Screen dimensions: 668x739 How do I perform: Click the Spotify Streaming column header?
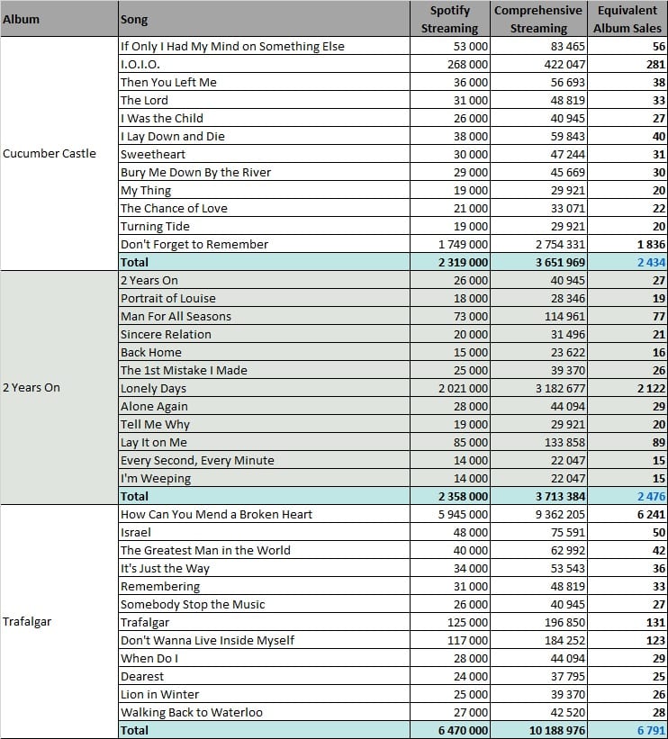pos(449,19)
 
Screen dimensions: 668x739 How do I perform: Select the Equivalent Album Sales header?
pos(627,19)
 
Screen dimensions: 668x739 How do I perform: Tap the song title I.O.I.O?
pos(140,64)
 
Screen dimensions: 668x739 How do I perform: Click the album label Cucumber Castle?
pos(49,154)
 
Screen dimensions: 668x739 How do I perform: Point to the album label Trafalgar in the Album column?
pos(27,622)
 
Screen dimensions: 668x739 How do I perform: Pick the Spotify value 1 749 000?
pos(463,244)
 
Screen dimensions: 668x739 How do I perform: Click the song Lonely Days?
pos(153,388)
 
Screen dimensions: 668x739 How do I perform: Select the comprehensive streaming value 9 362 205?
pos(560,514)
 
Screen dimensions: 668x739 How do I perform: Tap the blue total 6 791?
pos(651,731)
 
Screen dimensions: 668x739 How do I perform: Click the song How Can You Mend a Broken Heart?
pos(216,514)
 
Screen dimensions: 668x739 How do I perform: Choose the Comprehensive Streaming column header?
pos(538,19)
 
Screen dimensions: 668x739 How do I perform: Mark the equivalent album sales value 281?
pos(655,64)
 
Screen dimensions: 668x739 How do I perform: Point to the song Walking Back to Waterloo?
pos(192,712)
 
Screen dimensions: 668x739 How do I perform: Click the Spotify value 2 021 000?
pos(463,388)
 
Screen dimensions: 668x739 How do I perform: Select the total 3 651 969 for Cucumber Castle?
pos(560,262)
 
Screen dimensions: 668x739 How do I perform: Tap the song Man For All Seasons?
pos(176,316)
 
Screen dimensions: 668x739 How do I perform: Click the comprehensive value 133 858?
pos(564,442)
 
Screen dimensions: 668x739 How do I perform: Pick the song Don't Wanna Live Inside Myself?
pos(207,640)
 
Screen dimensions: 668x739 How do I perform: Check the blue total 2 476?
pos(651,496)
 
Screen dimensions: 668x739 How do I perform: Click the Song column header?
pos(134,19)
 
